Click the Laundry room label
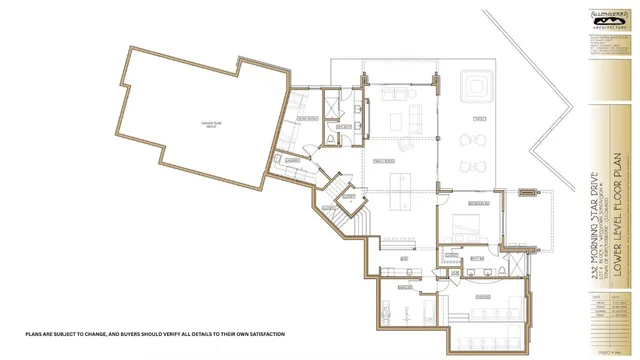coord(294,161)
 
